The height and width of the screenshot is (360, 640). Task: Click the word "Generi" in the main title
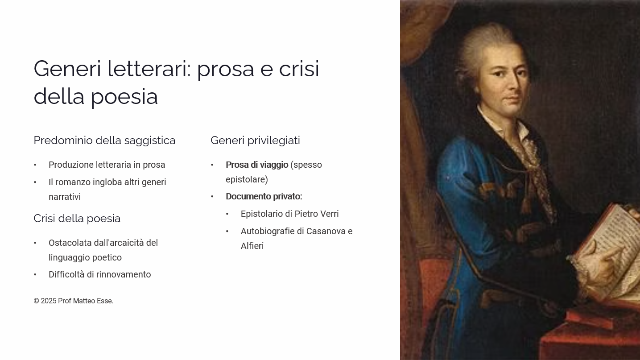pyautogui.click(x=67, y=69)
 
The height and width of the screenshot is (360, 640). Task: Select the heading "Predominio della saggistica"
pyautogui.click(x=104, y=141)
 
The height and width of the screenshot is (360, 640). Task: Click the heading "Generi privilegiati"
pyautogui.click(x=255, y=141)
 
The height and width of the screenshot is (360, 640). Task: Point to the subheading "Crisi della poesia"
pyautogui.click(x=77, y=219)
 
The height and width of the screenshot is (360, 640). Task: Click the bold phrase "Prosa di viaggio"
pyautogui.click(x=257, y=165)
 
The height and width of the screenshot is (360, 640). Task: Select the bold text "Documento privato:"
pyautogui.click(x=264, y=197)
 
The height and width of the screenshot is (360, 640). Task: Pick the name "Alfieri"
pyautogui.click(x=252, y=246)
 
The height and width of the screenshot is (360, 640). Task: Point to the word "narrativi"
pyautogui.click(x=65, y=197)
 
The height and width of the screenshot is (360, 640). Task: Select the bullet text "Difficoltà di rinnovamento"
pyautogui.click(x=100, y=274)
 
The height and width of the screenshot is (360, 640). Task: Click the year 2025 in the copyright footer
pyautogui.click(x=49, y=301)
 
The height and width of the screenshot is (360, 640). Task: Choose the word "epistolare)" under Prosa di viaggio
pyautogui.click(x=247, y=179)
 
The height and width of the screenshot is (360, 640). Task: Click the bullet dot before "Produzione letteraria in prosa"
pyautogui.click(x=35, y=165)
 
